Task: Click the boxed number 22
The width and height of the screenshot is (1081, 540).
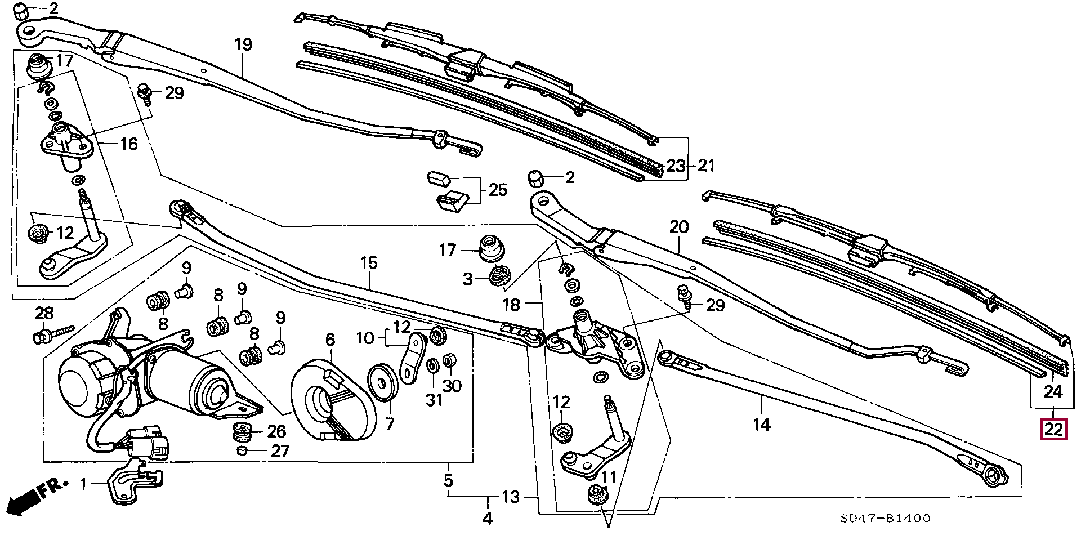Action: [x=1053, y=430]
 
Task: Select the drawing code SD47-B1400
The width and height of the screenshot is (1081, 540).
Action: [x=885, y=518]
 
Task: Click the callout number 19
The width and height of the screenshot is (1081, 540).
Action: [x=243, y=44]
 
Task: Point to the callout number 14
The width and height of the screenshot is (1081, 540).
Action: [x=761, y=424]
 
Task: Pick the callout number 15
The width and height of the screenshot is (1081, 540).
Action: [x=369, y=263]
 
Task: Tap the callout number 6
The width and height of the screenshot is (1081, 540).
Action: [x=330, y=340]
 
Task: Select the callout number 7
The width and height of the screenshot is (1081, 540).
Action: [x=390, y=423]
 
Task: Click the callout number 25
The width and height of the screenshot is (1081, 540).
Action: [x=498, y=190]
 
